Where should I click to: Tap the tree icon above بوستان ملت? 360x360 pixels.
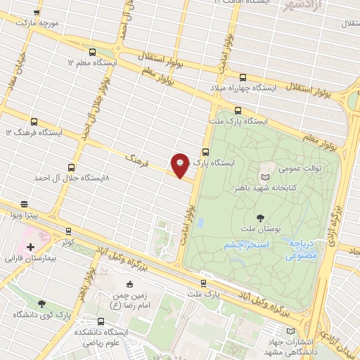coord(261,218)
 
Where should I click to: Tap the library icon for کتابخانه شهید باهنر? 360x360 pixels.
coord(264,177)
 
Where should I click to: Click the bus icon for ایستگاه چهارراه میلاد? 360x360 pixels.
coord(243,78)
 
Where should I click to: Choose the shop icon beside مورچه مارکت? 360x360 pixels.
coord(37,13)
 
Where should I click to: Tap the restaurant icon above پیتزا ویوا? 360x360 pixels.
coord(24,202)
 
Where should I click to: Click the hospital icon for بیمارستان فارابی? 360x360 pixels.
coord(30,247)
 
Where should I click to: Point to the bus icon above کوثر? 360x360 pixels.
coord(68,231)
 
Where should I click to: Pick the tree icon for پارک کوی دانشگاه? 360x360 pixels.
coord(41,304)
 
